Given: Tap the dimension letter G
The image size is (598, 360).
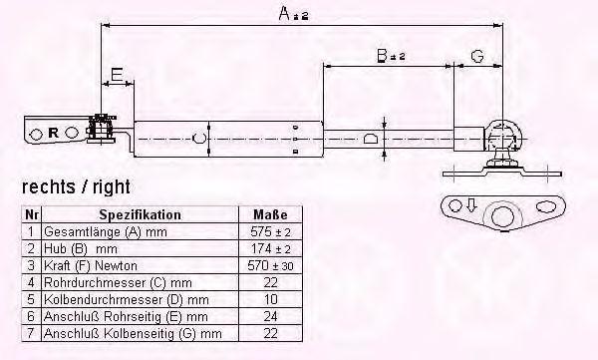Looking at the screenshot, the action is [x=477, y=56].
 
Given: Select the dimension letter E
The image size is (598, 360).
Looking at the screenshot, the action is [x=117, y=74].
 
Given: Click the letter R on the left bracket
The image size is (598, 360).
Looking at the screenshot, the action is [x=54, y=133].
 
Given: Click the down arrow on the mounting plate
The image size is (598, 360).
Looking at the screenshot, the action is [x=471, y=205].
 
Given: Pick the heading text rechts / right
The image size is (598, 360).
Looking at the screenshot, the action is [x=76, y=187].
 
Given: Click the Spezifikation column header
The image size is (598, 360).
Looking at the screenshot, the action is [x=140, y=214].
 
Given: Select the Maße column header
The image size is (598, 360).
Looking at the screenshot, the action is [x=270, y=214].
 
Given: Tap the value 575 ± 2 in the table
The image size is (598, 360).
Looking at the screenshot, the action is [x=270, y=231].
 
